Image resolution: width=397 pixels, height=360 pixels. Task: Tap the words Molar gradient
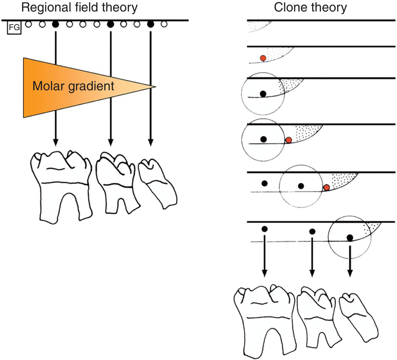[73, 86]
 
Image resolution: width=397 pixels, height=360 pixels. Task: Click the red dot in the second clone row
[263, 58]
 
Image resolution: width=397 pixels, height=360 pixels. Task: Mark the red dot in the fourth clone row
[288, 140]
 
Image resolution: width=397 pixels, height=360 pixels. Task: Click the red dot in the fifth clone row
[326, 188]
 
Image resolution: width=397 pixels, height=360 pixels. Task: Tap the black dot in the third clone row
[263, 93]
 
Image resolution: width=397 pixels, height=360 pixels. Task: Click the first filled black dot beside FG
[56, 24]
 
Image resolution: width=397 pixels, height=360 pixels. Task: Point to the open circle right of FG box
[28, 24]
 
